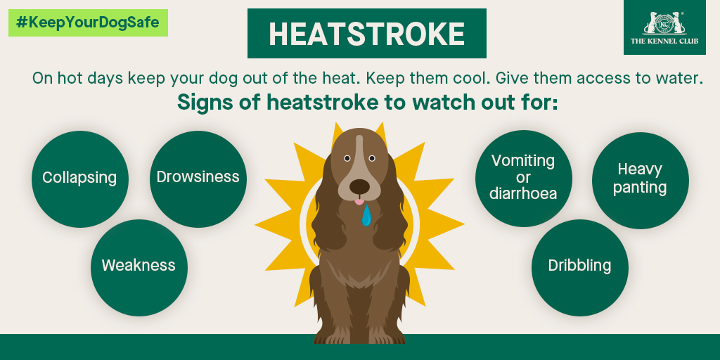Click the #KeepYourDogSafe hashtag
click(88, 22)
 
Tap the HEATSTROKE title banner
click(366, 34)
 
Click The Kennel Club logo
click(664, 27)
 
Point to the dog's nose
click(359, 186)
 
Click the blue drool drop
click(366, 216)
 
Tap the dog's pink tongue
click(359, 202)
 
